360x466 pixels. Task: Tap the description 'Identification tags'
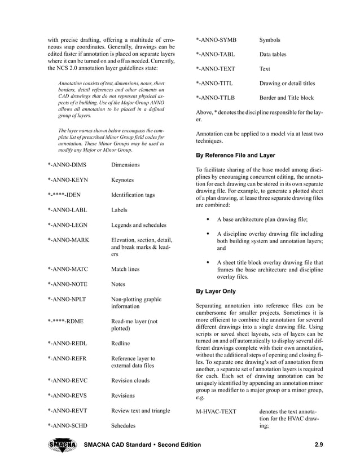click(x=133, y=195)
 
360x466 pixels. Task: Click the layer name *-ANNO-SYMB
click(x=216, y=40)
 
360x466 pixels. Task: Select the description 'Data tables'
click(x=273, y=55)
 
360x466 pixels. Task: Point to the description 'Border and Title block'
click(x=286, y=98)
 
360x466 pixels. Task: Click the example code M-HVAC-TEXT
click(x=216, y=411)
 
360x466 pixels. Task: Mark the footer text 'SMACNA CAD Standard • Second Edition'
click(x=142, y=446)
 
